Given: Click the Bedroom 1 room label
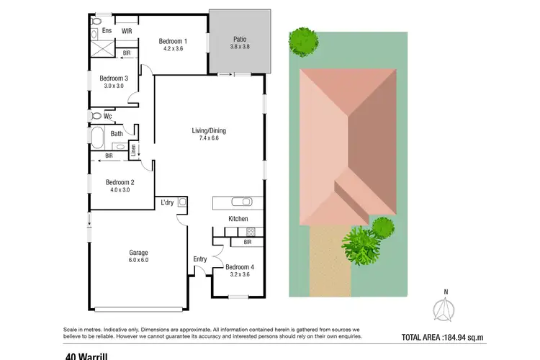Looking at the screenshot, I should pyautogui.click(x=174, y=41).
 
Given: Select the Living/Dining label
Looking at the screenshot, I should pyautogui.click(x=209, y=130).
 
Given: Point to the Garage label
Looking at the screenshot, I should pyautogui.click(x=138, y=253).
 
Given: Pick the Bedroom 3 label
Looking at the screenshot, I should pyautogui.click(x=114, y=78).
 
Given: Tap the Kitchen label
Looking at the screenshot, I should pyautogui.click(x=238, y=219).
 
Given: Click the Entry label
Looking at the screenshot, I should pyautogui.click(x=199, y=259).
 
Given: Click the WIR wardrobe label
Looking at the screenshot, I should pyautogui.click(x=127, y=32).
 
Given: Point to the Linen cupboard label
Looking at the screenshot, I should pyautogui.click(x=133, y=150).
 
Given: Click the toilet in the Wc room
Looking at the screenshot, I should pyautogui.click(x=95, y=115).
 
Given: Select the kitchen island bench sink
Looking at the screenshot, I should pyautogui.click(x=243, y=202).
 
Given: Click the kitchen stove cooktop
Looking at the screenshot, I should pyautogui.click(x=251, y=231).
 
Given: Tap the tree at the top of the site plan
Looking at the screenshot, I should pyautogui.click(x=301, y=42).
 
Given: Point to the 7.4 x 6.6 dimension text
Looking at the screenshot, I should pyautogui.click(x=209, y=138).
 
